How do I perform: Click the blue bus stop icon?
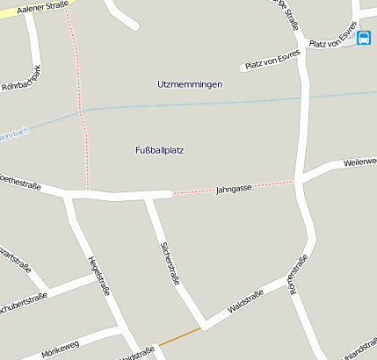[363, 37]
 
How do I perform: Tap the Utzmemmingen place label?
[189, 84]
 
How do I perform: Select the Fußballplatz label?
[159, 150]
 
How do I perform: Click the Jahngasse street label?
[234, 189]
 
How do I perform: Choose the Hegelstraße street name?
[98, 276]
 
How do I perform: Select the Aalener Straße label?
[36, 8]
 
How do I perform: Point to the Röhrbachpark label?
[21, 80]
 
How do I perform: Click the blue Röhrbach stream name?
[13, 135]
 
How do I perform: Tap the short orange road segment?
[179, 335]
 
